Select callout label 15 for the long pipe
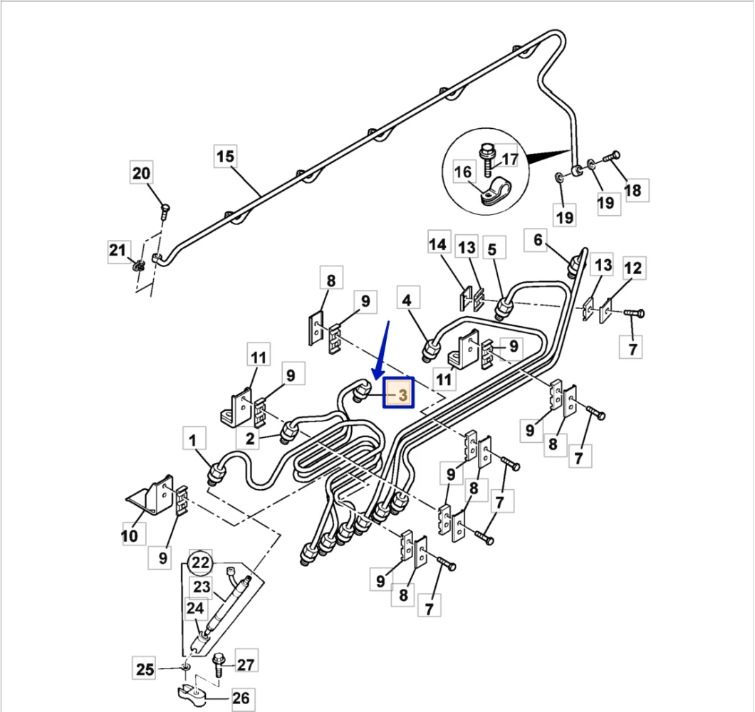click(x=225, y=157)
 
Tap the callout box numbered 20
click(x=142, y=173)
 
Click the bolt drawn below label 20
click(x=165, y=210)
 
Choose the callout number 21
click(x=118, y=250)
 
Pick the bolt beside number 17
click(x=488, y=159)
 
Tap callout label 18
click(x=632, y=190)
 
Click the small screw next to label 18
click(x=612, y=156)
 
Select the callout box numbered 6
click(x=538, y=241)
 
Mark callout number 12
click(x=632, y=268)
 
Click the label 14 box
click(x=437, y=244)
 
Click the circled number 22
click(x=202, y=563)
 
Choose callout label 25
click(x=145, y=669)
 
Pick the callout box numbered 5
click(x=492, y=249)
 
